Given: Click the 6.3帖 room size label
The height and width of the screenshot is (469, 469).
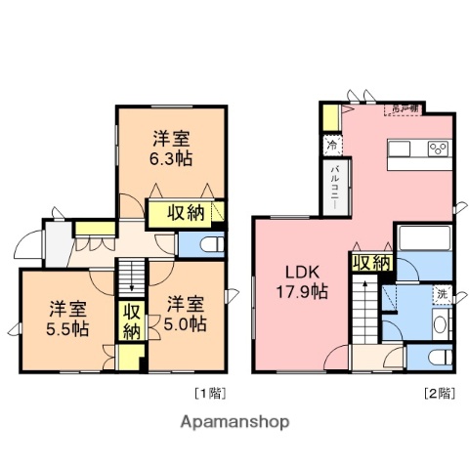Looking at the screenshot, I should coord(169,159).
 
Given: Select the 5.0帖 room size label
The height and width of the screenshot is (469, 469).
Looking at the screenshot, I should coord(185,323).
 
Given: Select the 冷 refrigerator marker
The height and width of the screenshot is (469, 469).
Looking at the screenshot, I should coord(332,146).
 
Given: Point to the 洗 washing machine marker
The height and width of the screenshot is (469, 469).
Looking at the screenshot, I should coord(441,294).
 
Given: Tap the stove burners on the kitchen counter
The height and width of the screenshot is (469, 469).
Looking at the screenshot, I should coord(438,149).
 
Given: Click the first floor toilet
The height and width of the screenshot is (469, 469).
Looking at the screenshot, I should coord(210,244).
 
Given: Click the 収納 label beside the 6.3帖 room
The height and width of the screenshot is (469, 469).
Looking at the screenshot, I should coord(183,212).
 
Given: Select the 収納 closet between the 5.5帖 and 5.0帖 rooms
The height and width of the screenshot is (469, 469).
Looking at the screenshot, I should coord(130,321).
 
